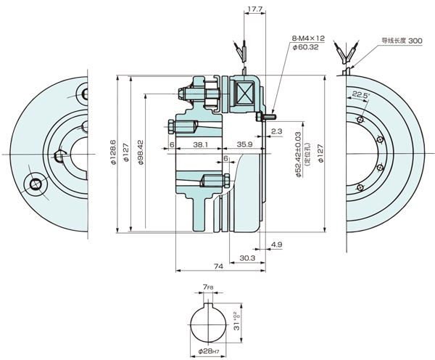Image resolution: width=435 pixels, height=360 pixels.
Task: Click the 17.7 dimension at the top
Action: (x=254, y=10)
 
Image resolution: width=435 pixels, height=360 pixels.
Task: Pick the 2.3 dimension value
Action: (x=276, y=131)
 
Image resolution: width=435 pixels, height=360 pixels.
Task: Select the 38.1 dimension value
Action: (x=202, y=145)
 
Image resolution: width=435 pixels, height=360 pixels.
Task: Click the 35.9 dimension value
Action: (x=244, y=145)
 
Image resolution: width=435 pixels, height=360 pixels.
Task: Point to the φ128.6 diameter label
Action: (x=112, y=153)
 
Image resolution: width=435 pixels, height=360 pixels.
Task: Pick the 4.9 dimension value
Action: (x=276, y=245)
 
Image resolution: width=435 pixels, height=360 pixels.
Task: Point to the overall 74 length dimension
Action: (x=217, y=267)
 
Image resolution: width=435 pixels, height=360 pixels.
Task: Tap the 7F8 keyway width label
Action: (x=208, y=288)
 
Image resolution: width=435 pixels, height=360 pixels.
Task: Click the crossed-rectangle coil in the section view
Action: (x=243, y=92)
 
